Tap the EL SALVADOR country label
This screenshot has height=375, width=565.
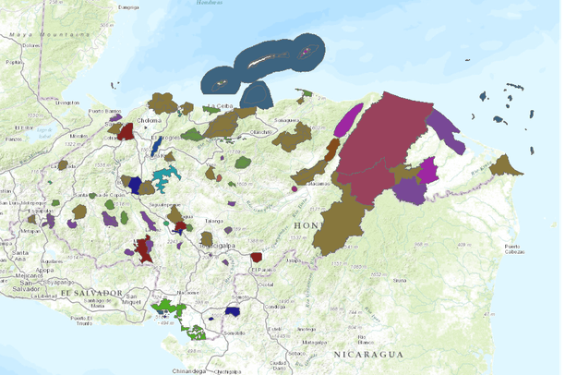pyautogui.click(x=92, y=293)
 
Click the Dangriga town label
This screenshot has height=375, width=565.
pyautogui.click(x=129, y=7)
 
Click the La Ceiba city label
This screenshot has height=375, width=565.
pyautogui.click(x=224, y=107)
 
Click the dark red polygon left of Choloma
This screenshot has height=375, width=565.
pyautogui.click(x=126, y=132)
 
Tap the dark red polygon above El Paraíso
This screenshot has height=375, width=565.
pyautogui.click(x=257, y=258)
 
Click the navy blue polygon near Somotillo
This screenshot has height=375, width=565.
pyautogui.click(x=234, y=312)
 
